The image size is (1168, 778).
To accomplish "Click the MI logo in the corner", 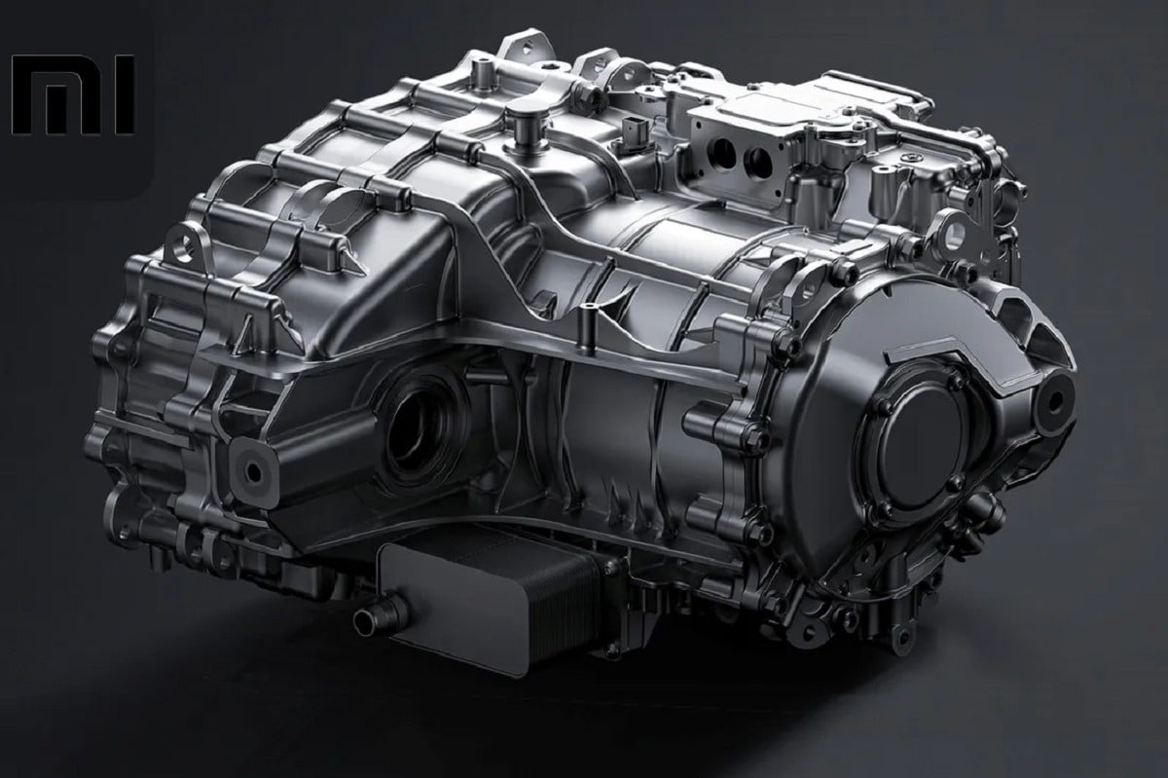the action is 72,94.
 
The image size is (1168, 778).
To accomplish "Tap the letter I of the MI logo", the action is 125,94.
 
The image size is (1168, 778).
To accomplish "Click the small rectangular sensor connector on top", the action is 632,133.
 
